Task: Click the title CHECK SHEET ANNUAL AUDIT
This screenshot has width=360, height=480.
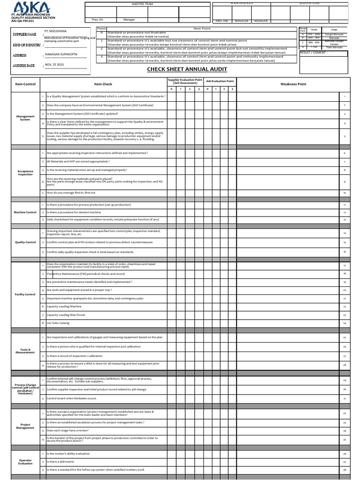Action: pyautogui.click(x=187, y=69)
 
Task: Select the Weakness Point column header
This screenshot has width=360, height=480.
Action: pyautogui.click(x=293, y=84)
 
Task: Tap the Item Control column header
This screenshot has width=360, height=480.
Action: pyautogui.click(x=25, y=84)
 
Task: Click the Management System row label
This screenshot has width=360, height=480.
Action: pyautogui.click(x=25, y=118)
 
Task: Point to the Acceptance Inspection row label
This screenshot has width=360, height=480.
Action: pyautogui.click(x=25, y=173)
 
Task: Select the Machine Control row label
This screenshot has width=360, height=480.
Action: pyautogui.click(x=25, y=212)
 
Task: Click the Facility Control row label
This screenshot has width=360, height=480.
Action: pyautogui.click(x=25, y=294)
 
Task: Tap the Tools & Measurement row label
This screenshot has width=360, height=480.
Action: pyautogui.click(x=25, y=351)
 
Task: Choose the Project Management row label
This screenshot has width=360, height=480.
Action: pyautogui.click(x=25, y=426)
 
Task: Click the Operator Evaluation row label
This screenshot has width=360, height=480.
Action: pyautogui.click(x=25, y=462)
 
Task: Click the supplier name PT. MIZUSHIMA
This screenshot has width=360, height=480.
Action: pyautogui.click(x=55, y=31)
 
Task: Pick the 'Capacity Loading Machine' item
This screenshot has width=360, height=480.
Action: pyautogui.click(x=65, y=307)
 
